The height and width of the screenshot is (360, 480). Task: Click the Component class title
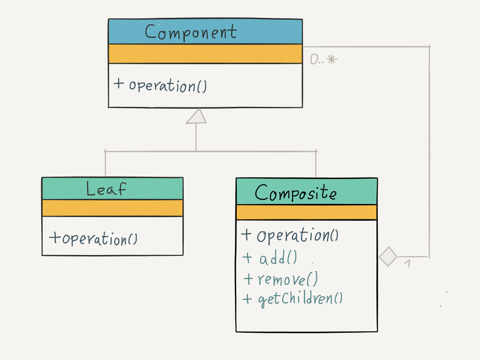coord(191,32)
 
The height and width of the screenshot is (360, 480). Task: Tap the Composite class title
coord(295,193)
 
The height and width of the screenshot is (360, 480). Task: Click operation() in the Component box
coord(168,86)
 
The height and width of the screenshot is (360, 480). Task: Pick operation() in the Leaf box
coord(99,239)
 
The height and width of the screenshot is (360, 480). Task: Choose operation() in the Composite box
coord(297,235)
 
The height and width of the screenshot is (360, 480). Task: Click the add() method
coord(277,258)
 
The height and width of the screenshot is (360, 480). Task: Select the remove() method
coord(287,279)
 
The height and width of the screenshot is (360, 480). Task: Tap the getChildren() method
coord(300,299)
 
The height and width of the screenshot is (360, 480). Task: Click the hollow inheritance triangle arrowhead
coord(196,116)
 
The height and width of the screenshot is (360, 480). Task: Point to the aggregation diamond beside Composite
coord(388,257)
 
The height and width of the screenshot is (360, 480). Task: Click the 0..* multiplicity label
coord(323,60)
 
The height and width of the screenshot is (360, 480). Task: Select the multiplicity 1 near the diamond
coord(407,264)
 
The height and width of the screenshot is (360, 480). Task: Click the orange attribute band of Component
coord(205,54)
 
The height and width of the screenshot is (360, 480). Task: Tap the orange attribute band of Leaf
coord(112,208)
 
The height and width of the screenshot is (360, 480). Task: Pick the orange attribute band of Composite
coord(307,212)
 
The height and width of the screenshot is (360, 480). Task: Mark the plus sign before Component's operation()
coord(119,84)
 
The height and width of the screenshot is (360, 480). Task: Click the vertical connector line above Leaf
coord(105,164)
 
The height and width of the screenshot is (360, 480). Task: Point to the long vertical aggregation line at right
coord(429,150)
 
